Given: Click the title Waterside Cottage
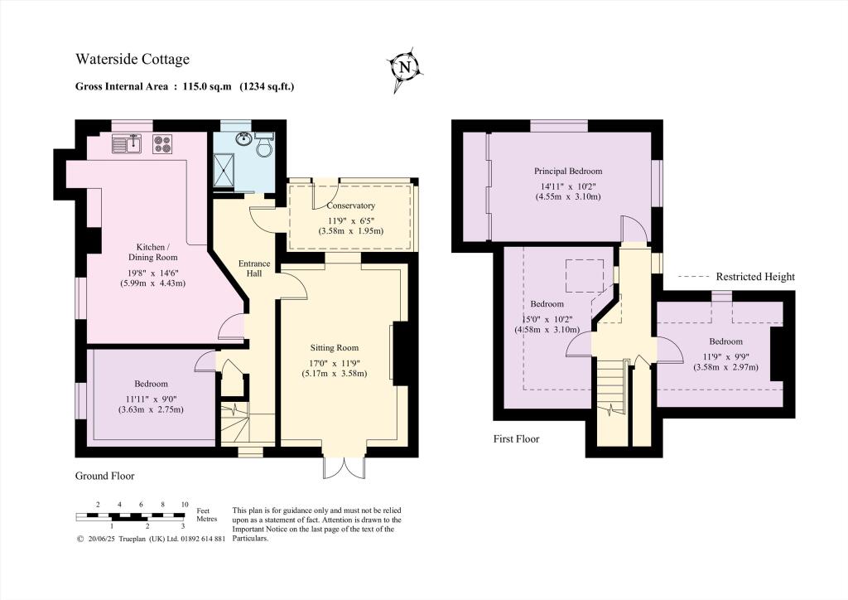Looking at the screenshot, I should pos(132,59).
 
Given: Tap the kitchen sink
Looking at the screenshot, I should pos(128,144).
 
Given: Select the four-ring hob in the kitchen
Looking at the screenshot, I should pos(161,144).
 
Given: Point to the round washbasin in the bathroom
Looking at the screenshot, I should pos(243,139).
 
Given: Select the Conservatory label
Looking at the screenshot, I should pos(351,206).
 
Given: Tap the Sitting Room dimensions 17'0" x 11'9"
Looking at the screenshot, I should pos(334,362).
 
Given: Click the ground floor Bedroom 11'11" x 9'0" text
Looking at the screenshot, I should pos(151,398).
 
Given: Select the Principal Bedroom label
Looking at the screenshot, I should pos(567,172).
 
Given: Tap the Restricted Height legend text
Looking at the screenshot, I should pos(755,277).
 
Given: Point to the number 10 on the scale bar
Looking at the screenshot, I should pos(185,505).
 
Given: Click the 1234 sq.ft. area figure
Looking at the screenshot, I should pos(267,85).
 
